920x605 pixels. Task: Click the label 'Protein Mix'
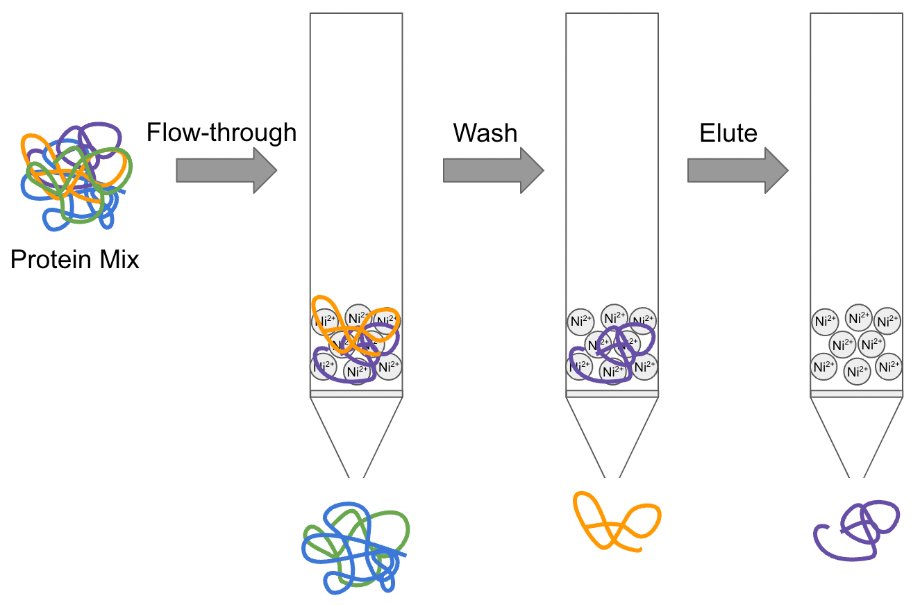(x=75, y=260)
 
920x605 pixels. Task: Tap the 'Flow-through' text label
(x=221, y=132)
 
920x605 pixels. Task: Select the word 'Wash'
(x=485, y=132)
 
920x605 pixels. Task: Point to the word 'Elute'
(x=728, y=132)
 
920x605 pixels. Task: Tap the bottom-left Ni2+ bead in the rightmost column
(x=824, y=366)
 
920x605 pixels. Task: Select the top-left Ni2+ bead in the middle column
(x=580, y=321)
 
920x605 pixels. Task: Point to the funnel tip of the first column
(x=356, y=472)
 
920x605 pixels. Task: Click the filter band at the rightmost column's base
(x=857, y=394)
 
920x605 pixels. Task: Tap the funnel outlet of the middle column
(x=612, y=472)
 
